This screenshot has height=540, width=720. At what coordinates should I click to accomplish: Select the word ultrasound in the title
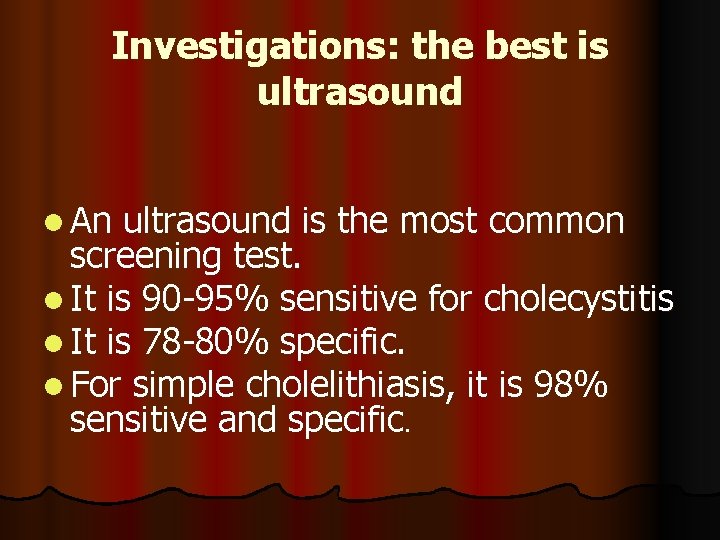pyautogui.click(x=360, y=92)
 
